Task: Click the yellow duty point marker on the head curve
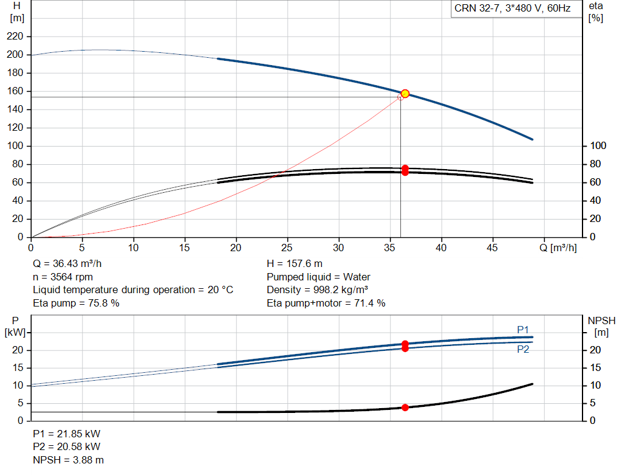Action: [x=405, y=94]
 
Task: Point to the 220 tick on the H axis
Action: [x=15, y=36]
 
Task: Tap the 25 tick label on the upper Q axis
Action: [x=287, y=248]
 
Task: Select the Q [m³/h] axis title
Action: [x=558, y=248]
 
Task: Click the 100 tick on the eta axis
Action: [x=598, y=146]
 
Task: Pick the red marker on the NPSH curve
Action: [x=405, y=407]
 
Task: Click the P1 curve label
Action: [x=523, y=330]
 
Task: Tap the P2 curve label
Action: [x=523, y=349]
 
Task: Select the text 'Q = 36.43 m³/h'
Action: [x=67, y=264]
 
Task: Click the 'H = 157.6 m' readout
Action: [x=295, y=264]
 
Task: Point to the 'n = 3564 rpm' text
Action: [x=63, y=277]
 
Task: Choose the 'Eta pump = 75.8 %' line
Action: [x=76, y=303]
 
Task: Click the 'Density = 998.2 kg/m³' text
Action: [x=317, y=290]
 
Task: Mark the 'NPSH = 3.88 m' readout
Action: [x=68, y=460]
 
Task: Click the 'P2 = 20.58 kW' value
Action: [x=67, y=447]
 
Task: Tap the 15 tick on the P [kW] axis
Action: [x=18, y=368]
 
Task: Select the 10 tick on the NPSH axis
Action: [x=595, y=385]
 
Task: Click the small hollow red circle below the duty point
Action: [x=400, y=97]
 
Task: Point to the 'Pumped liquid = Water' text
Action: [x=318, y=277]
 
